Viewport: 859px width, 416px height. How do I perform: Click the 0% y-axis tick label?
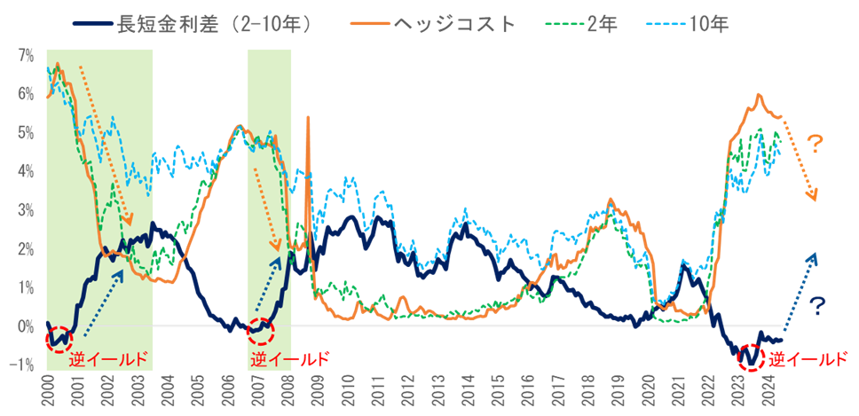pos(26,326)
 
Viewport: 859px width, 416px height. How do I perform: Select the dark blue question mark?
pos(818,307)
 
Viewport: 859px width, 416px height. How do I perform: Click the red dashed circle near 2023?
pos(751,357)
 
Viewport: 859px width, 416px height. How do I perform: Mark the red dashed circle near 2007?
pos(261,331)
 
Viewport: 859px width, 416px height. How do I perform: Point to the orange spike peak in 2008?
pos(308,117)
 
